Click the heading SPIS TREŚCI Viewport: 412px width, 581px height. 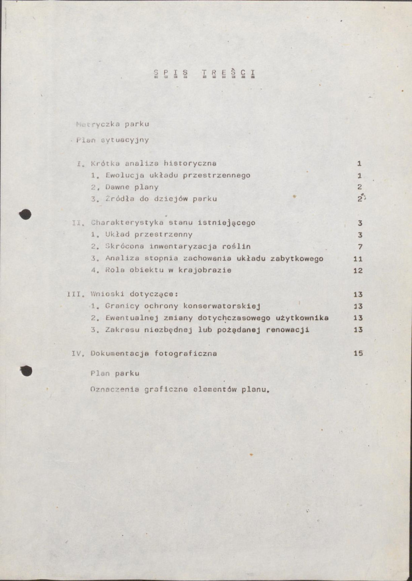(x=204, y=74)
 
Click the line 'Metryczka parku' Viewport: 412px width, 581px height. (x=113, y=124)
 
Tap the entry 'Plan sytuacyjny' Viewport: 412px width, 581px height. (x=112, y=141)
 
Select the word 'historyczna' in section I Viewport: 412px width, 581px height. (x=190, y=163)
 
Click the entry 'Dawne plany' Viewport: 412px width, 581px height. (x=132, y=187)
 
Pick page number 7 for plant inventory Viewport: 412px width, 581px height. (x=360, y=247)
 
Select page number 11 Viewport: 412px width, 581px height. (x=358, y=259)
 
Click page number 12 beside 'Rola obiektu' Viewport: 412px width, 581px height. (x=358, y=270)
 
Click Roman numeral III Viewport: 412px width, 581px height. (x=74, y=294)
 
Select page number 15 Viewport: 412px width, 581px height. (x=358, y=353)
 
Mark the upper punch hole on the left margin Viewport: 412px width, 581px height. (x=26, y=214)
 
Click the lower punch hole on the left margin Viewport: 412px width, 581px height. (x=26, y=371)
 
